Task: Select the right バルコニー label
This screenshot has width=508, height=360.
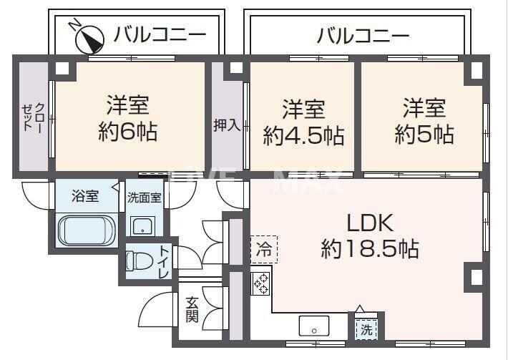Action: [363, 34]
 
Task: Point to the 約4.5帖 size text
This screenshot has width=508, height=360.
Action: [303, 135]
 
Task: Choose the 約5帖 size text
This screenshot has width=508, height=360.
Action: [424, 134]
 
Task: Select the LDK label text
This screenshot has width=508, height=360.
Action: [371, 223]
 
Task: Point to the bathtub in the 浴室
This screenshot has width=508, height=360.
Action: [85, 230]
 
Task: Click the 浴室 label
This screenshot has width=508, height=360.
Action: [85, 195]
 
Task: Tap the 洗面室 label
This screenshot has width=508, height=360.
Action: [145, 197]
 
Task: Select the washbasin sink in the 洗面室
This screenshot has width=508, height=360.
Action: [143, 225]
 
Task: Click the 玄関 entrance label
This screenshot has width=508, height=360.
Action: [192, 309]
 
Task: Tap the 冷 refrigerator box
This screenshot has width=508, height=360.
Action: [263, 249]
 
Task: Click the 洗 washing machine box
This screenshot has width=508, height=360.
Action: [366, 331]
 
